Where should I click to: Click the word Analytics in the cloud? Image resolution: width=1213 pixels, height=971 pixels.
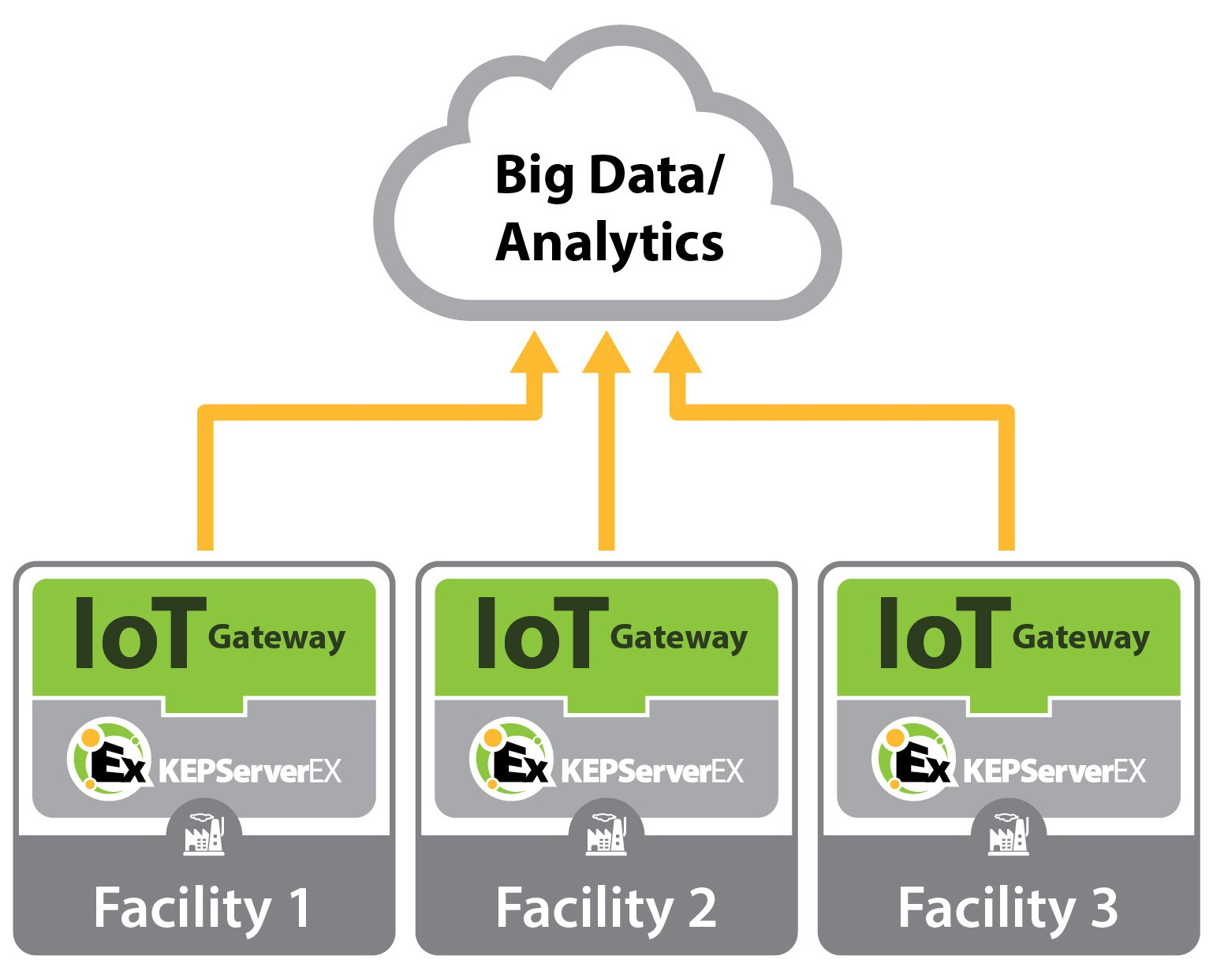(610, 243)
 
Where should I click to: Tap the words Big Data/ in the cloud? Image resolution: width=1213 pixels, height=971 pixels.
(607, 175)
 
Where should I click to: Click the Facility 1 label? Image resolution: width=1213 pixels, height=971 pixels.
(202, 908)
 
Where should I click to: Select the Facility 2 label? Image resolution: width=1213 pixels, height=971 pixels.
(606, 908)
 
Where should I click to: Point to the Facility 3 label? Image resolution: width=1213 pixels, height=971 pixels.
(1008, 908)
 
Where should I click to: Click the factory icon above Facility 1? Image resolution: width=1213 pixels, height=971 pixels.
(204, 835)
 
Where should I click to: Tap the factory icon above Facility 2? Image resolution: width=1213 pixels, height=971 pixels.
(606, 835)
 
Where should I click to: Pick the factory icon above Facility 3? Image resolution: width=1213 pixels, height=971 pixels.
(1009, 835)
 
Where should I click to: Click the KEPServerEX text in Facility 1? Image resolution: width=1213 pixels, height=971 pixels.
(250, 771)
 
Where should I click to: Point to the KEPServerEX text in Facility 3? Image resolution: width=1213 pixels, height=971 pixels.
(1054, 771)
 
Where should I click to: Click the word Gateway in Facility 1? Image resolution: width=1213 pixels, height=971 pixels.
(277, 637)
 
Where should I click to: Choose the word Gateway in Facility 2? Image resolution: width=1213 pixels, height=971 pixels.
(679, 637)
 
